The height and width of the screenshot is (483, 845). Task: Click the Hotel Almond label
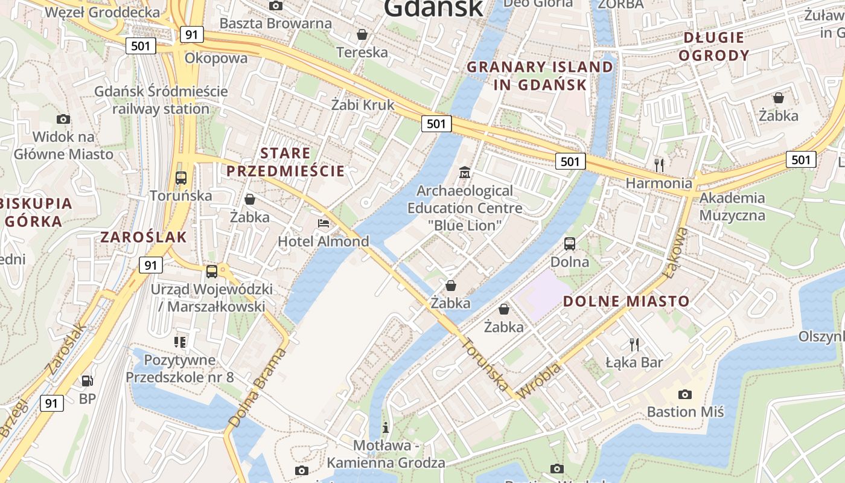tap(323, 241)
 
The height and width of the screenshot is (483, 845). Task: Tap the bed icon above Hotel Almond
tap(324, 223)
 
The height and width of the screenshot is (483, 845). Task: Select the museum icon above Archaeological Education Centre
tap(465, 173)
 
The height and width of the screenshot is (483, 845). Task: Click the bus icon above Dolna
tap(570, 244)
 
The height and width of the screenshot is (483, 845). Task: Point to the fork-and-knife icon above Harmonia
tap(659, 164)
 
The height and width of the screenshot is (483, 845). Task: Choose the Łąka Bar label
tap(634, 362)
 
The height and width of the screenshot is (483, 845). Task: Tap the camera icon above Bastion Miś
tap(685, 394)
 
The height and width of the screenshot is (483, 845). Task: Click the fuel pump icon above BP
tap(88, 381)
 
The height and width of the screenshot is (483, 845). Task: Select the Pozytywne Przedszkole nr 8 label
tap(179, 368)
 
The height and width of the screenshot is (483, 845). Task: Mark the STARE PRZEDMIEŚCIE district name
tap(285, 162)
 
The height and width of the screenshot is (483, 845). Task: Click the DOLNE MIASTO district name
tap(626, 301)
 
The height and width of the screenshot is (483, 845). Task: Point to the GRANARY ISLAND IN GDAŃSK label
tap(540, 75)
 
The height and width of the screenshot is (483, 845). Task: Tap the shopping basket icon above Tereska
tap(362, 34)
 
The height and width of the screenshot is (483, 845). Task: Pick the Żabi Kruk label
tap(362, 104)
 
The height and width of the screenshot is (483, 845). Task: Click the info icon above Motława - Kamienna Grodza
tap(386, 428)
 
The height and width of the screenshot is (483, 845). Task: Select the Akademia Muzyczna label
tap(732, 206)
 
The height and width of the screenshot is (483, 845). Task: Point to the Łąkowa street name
tap(675, 253)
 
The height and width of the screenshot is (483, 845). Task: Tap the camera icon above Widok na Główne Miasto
tap(63, 119)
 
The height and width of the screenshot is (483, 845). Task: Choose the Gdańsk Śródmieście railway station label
tap(161, 100)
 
